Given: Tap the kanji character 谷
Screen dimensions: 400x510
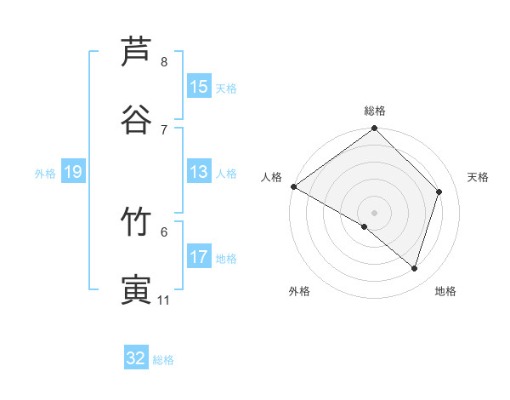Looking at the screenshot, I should pos(137,118).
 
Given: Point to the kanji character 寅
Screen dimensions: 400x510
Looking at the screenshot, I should pos(137,289).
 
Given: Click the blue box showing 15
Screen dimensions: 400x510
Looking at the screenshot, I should pos(198,87).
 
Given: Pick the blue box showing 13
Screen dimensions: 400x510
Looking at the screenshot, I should pos(198,173).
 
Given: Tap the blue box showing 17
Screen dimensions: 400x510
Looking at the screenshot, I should pos(198,257).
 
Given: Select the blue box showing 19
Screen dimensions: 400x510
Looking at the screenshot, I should pos(72,173).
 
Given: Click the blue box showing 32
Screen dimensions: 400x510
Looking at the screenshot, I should pos(136,358).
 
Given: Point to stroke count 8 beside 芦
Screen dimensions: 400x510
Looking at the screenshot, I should pos(163,62).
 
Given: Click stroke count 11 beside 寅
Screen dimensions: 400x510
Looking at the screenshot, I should pos(163,300).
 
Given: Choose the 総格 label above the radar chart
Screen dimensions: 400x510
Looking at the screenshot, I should pos(375,111).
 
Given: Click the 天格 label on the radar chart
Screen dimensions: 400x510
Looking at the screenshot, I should pos(478,177).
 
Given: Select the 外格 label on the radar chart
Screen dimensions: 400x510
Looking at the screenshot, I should pos(298,291).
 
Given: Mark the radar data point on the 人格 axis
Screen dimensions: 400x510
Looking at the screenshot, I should pos(293,186).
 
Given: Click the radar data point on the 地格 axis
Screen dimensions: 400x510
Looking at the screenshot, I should pos(415,268).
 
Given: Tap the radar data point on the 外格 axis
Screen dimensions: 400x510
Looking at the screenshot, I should pos(365,226).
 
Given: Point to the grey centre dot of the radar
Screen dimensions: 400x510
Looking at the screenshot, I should pos(375,212).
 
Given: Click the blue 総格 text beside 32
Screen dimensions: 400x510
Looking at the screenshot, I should pos(163,360).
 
